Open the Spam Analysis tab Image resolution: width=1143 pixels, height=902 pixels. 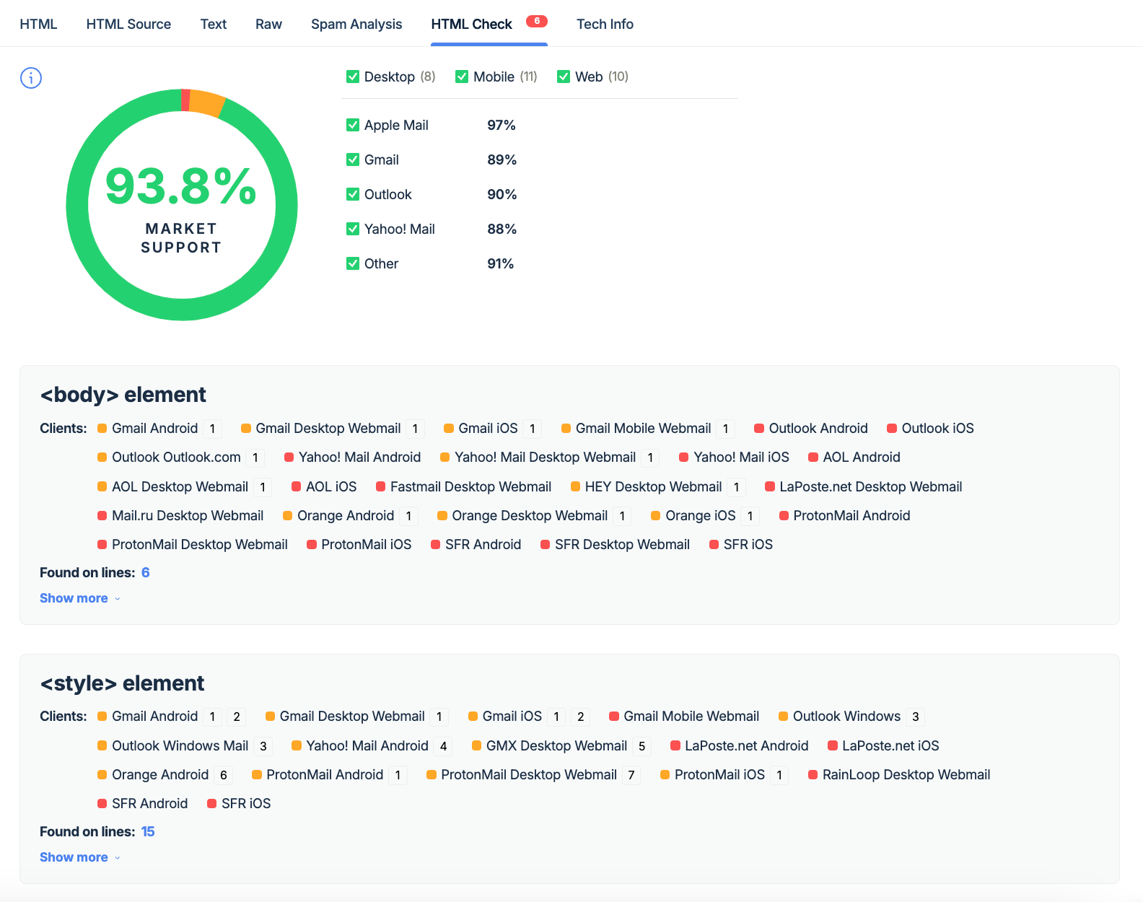click(x=356, y=24)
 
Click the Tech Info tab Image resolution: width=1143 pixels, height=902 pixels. click(x=605, y=24)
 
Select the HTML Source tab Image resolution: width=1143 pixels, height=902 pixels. click(x=128, y=24)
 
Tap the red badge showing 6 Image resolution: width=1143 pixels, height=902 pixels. click(x=536, y=21)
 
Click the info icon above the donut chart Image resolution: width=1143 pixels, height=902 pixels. click(x=31, y=78)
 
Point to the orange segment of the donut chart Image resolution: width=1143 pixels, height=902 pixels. click(x=207, y=102)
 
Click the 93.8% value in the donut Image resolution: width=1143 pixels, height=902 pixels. click(x=181, y=186)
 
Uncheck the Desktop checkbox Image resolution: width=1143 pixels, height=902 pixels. click(x=353, y=76)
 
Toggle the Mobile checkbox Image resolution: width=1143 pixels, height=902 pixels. click(x=462, y=76)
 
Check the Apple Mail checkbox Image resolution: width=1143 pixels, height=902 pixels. click(x=353, y=125)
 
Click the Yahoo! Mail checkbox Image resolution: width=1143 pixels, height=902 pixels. click(x=353, y=229)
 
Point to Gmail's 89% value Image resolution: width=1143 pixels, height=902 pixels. click(x=502, y=159)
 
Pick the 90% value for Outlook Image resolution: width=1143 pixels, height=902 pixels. click(x=502, y=194)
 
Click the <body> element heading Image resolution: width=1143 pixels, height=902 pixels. click(x=123, y=395)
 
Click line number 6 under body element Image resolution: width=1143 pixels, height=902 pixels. click(x=146, y=572)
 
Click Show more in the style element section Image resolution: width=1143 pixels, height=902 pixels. click(x=74, y=857)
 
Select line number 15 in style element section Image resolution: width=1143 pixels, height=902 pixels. click(x=148, y=831)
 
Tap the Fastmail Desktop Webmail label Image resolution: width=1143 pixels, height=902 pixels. click(x=470, y=486)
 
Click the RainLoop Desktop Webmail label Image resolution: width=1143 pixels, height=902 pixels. click(x=906, y=774)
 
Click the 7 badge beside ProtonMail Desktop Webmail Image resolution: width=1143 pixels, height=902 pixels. click(x=631, y=775)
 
